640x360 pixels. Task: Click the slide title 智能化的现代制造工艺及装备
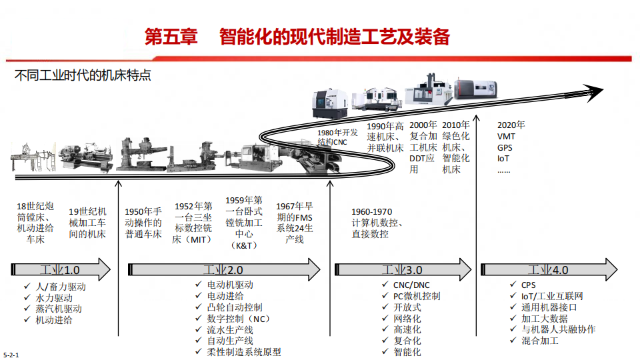pos(334,37)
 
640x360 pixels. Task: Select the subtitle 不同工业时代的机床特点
pos(83,75)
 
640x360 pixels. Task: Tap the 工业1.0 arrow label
pos(59,270)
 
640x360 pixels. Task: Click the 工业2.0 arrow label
pos(223,270)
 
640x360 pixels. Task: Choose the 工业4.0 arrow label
pos(548,270)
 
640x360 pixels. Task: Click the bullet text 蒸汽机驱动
pos(58,309)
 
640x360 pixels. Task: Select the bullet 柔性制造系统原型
pos(244,352)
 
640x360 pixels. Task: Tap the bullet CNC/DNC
pos(411,285)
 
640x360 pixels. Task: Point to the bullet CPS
pos(529,285)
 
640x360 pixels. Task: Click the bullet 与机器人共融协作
pos(558,329)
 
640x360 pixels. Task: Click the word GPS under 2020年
pos(505,147)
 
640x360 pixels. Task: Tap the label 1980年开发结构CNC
pos(339,137)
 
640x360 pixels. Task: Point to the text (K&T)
pos(243,245)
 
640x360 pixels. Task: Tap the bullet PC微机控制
pos(416,296)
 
